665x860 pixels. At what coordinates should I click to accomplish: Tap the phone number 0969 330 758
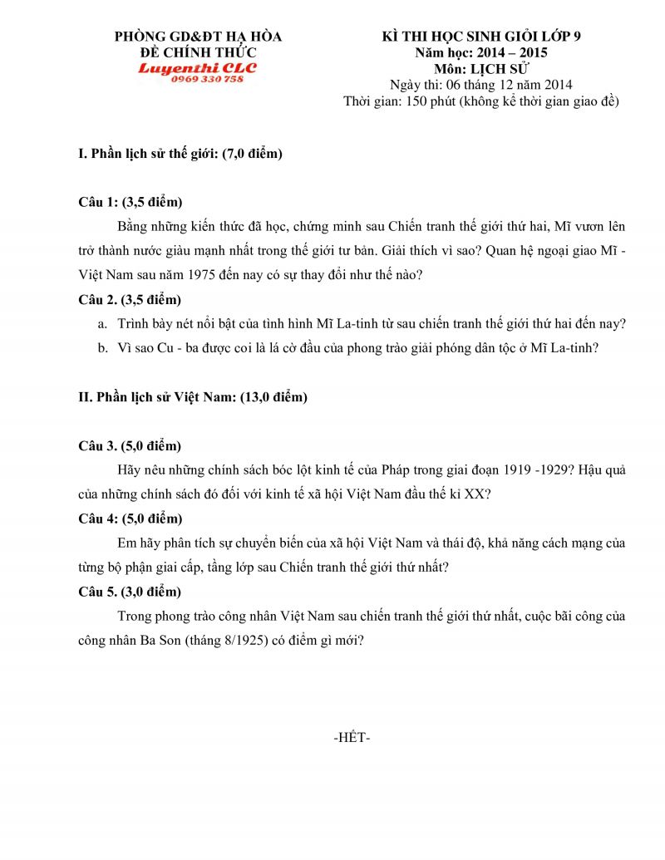tap(207, 79)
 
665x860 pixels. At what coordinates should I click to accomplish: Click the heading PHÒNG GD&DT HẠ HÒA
tap(198, 37)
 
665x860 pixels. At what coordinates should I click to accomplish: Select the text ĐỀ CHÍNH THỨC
tap(198, 52)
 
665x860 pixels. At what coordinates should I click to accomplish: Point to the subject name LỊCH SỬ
tap(499, 68)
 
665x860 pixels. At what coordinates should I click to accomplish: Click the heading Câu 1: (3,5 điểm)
tap(131, 202)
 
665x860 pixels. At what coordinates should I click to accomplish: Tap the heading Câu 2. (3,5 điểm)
tap(130, 299)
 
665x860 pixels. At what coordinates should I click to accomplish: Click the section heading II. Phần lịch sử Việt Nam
tap(193, 397)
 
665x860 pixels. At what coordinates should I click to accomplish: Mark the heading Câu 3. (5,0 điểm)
tap(130, 445)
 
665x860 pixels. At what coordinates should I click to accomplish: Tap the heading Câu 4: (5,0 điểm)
tap(131, 519)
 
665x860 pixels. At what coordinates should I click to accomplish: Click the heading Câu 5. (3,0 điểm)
tap(130, 592)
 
